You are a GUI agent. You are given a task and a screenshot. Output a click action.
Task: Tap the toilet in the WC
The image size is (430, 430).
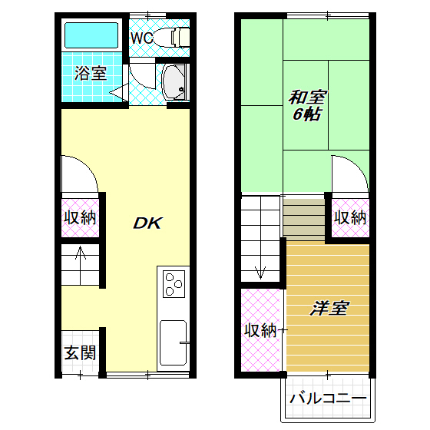(x=178, y=37)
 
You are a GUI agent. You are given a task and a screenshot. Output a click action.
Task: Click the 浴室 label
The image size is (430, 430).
(x=90, y=74)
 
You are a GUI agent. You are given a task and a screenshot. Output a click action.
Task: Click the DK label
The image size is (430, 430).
(x=147, y=223)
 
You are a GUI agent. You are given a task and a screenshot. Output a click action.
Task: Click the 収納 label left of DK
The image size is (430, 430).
(x=79, y=217)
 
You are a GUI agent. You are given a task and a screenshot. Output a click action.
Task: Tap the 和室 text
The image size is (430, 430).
(x=307, y=98)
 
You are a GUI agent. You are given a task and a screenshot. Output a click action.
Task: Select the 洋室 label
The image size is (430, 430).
(x=329, y=309)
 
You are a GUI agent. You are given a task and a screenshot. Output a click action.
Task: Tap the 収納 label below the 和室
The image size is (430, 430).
(x=350, y=217)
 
